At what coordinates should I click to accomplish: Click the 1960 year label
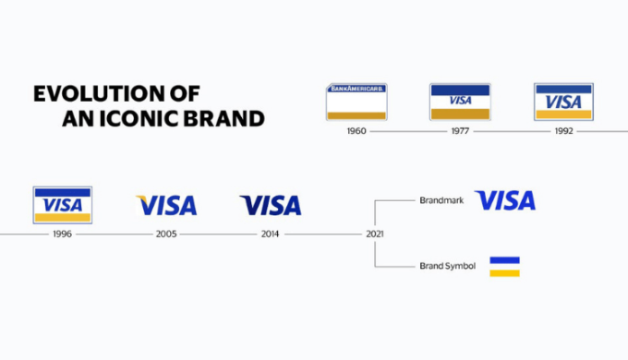356,131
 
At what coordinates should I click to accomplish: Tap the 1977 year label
460,131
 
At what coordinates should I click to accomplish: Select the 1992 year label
563,131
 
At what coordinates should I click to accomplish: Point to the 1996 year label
62,234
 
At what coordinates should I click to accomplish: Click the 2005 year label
166,234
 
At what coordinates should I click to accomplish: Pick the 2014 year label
270,234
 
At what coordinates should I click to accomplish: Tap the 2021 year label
374,234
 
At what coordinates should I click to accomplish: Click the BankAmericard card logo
356,102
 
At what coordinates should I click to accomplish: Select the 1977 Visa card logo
460,102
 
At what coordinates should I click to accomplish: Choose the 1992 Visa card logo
563,102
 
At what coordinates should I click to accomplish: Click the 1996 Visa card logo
62,205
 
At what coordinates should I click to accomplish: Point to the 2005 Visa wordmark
166,205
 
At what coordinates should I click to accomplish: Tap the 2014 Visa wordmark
270,205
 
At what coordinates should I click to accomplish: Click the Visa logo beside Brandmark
504,200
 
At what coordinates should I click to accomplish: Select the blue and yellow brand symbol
504,266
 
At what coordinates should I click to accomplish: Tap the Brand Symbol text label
447,266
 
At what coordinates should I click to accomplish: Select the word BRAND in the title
231,118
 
